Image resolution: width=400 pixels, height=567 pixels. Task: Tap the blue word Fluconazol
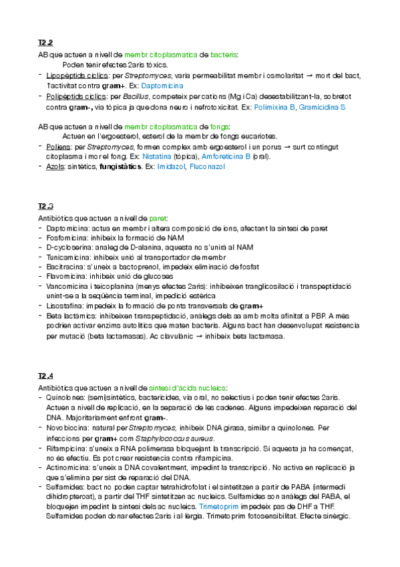(x=208, y=166)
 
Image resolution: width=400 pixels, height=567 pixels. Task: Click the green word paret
(x=158, y=218)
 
